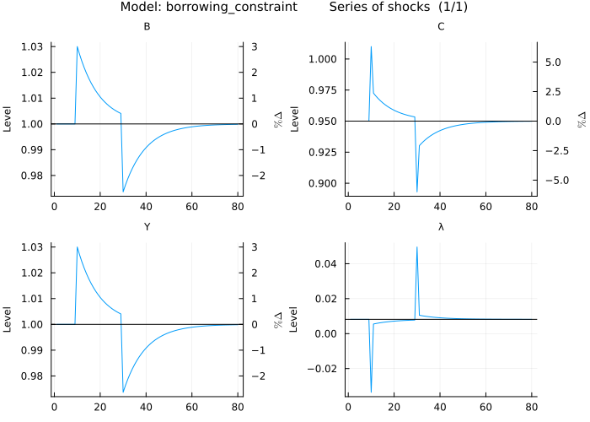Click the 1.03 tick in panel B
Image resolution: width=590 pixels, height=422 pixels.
(37, 46)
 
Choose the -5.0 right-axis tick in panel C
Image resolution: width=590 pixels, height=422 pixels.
(544, 180)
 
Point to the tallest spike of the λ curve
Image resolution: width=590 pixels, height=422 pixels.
(417, 247)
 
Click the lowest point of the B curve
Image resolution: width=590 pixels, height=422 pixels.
(123, 192)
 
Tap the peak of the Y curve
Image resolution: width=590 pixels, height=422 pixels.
(78, 246)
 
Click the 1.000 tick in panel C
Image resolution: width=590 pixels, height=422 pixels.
(325, 59)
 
